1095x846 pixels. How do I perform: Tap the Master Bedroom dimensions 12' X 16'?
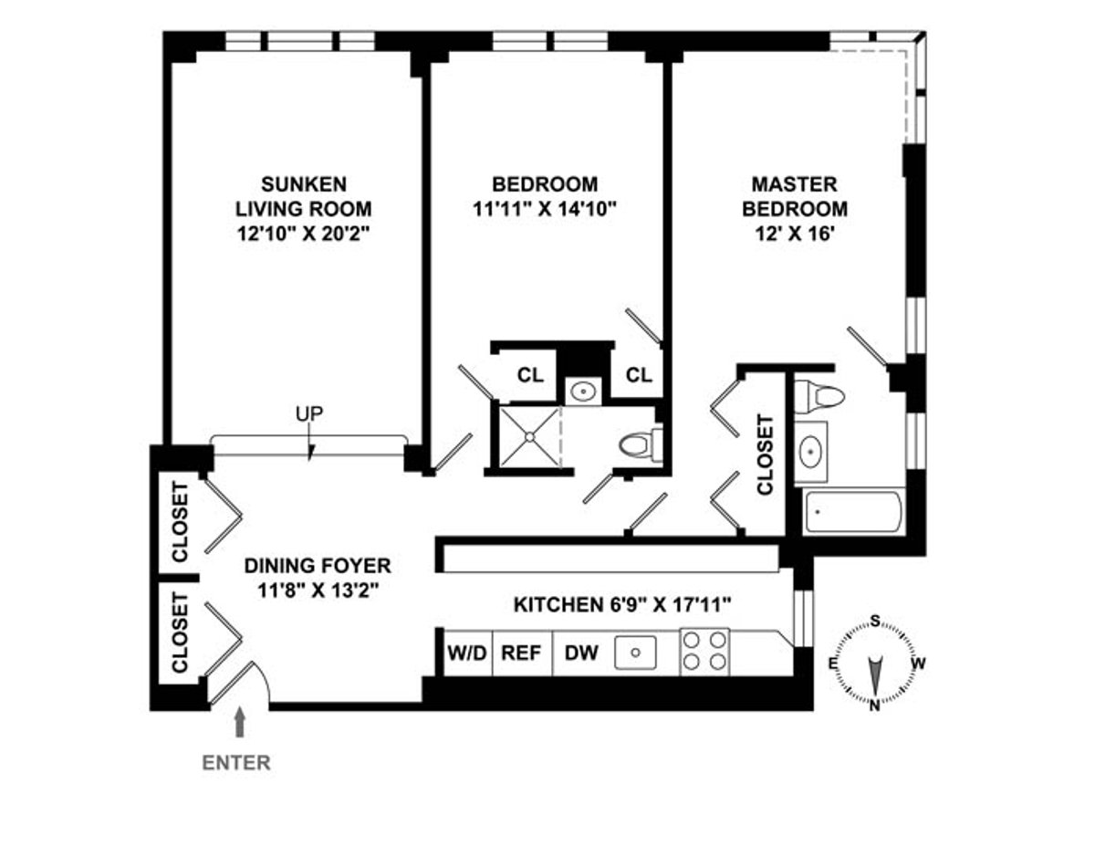[794, 234]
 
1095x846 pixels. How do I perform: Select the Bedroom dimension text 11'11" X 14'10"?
[547, 208]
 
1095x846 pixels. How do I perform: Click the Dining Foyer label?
[317, 566]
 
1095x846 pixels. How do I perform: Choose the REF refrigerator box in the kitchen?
[522, 653]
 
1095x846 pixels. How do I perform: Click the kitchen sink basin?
[635, 653]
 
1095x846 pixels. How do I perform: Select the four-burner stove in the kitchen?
[705, 652]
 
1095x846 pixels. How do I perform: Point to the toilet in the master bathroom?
[818, 396]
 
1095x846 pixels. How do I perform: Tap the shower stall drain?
[528, 437]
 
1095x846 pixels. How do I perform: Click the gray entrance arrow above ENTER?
[240, 724]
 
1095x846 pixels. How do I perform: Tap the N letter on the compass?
[874, 704]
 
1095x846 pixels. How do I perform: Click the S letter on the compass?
[874, 622]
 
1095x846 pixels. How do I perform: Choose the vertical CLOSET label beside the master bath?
[765, 454]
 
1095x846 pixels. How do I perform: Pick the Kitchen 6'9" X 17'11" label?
[622, 604]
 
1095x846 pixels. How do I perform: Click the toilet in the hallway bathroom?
[637, 445]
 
